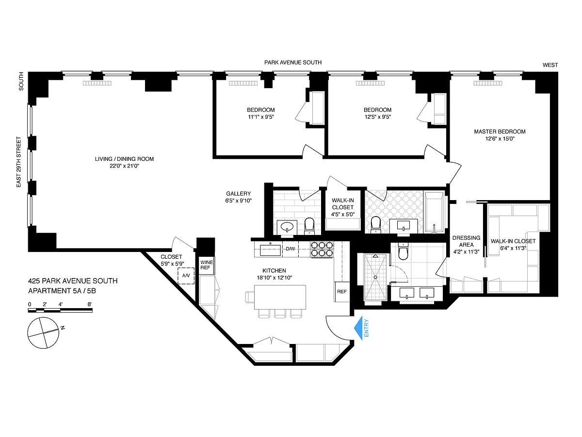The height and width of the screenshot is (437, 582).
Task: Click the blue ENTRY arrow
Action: pos(358,328)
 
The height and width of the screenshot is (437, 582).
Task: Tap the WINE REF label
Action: pos(206,265)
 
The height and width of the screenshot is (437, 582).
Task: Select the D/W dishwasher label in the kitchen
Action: pos(291,249)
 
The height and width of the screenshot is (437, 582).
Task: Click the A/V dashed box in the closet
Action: pos(186,276)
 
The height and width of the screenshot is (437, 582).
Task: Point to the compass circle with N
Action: pos(43,333)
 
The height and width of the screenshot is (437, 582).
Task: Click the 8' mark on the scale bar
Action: pos(90,304)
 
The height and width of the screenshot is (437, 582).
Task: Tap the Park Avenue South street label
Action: pos(293,62)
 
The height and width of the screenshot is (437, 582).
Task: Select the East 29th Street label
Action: pos(18,162)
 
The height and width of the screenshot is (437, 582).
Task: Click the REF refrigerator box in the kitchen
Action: pos(342,292)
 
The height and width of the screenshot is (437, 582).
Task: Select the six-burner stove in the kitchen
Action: pos(322,249)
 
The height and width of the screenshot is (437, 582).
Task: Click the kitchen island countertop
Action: pos(280,297)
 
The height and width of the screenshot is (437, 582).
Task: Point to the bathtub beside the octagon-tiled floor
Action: pos(434,212)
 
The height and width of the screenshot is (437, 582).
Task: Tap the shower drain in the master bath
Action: pos(375,277)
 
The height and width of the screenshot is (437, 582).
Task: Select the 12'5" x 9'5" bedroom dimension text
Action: pos(377,117)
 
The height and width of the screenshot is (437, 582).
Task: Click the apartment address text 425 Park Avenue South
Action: pos(73,281)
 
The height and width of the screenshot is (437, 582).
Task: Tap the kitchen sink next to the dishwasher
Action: pos(270,250)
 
